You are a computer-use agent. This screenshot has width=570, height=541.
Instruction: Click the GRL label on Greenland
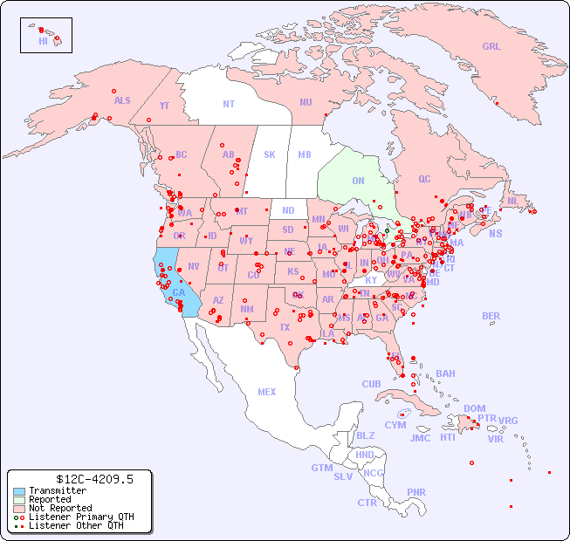point(491,46)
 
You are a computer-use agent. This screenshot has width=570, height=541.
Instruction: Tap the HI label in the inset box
point(43,40)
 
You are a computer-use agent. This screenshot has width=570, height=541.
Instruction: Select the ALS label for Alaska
point(122,100)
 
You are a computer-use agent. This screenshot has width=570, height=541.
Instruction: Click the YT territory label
point(164,106)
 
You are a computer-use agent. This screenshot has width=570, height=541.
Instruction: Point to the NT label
point(229,104)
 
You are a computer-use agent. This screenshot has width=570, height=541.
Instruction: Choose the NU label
point(306,102)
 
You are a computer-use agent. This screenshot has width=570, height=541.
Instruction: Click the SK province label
point(270,154)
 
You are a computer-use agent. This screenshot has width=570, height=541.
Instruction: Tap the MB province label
point(305,154)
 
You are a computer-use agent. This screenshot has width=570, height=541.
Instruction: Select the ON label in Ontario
point(358,181)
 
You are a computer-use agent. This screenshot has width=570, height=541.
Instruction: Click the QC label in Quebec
point(424,179)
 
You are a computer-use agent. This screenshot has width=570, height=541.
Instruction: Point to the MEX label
point(267,392)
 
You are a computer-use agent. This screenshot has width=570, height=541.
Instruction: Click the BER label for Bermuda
point(491,316)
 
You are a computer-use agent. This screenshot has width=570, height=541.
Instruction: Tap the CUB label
point(371,384)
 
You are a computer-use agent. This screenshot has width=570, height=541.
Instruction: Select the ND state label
point(288,210)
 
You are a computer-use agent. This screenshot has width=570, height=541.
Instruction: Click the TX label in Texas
point(285,328)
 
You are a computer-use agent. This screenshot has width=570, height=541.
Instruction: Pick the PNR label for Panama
point(416,492)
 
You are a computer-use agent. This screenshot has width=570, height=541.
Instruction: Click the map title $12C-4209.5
point(81,479)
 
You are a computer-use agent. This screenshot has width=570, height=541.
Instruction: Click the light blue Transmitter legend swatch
point(18,491)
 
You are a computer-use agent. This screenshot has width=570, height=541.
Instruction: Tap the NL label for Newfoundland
point(512,201)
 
